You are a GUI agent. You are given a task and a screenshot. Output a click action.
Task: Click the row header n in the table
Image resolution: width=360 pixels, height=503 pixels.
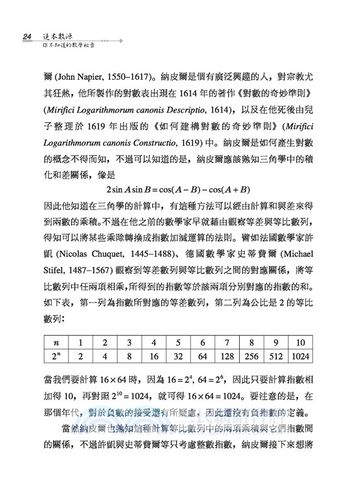point(56,341)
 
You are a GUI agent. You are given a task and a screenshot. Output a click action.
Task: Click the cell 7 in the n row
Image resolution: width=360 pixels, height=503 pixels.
point(226,341)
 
